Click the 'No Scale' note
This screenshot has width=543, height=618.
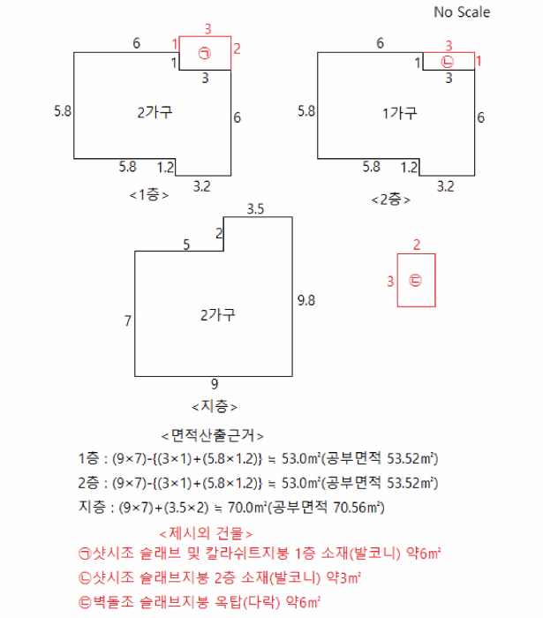point(461,12)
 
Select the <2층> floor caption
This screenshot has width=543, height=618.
point(390,199)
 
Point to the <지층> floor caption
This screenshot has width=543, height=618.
point(215,406)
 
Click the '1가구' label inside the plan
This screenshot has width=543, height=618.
point(399,113)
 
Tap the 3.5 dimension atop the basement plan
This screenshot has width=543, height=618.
point(255,209)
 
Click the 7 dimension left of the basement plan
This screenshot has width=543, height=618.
point(128,321)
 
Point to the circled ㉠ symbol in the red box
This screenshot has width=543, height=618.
point(205,53)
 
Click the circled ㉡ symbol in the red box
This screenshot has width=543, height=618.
point(448,61)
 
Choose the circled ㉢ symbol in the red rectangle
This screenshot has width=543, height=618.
point(416,281)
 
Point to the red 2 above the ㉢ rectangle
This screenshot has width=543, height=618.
point(416,245)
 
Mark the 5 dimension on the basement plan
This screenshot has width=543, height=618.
point(186,244)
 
